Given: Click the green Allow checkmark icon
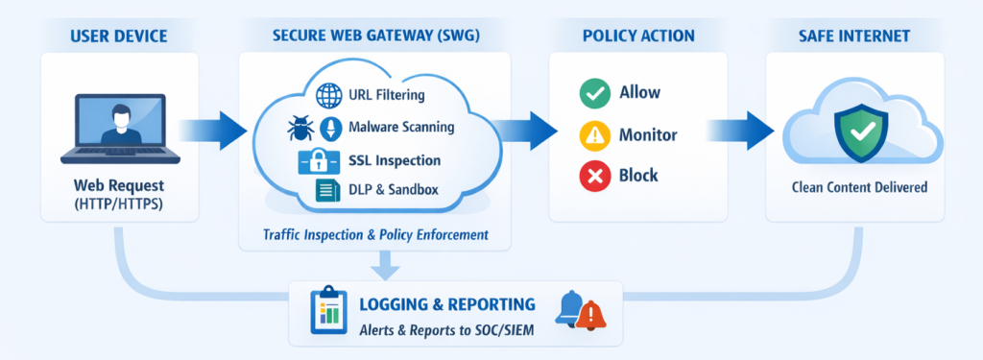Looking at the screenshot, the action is (593, 94).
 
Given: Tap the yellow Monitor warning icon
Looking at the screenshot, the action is (593, 134).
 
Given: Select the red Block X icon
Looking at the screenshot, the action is (593, 176).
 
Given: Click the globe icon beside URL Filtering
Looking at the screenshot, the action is (328, 96).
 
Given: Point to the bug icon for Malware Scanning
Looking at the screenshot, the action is (300, 128).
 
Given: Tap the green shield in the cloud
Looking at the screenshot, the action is (860, 133).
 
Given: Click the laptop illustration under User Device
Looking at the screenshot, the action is (120, 130).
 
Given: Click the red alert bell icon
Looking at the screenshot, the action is (590, 315).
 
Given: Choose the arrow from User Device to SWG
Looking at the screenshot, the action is (212, 131).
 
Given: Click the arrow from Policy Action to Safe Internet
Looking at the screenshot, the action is (740, 131).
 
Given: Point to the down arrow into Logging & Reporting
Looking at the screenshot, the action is (385, 264).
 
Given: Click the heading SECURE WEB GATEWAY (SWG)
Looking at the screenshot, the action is (376, 36).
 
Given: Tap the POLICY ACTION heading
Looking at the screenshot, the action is (638, 36).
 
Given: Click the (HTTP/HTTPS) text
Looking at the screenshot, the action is (119, 204).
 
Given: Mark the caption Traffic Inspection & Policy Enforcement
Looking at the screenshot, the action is (375, 235).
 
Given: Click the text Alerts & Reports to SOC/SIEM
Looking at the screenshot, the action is (446, 330).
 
